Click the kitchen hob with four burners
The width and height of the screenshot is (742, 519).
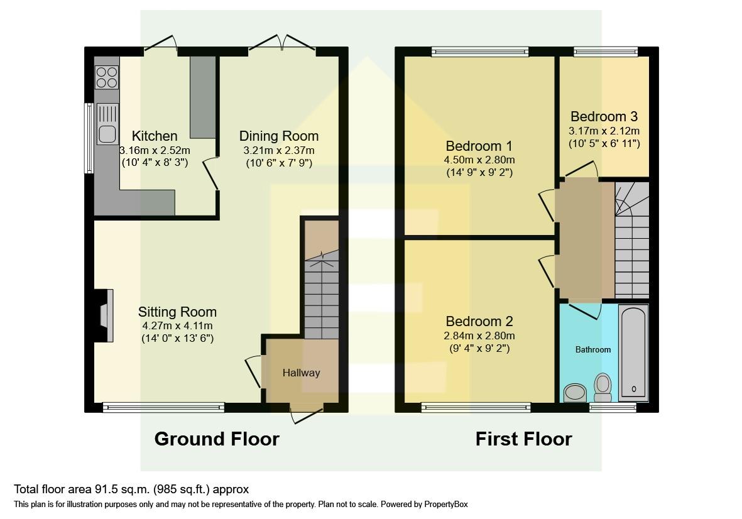pyautogui.click(x=107, y=77)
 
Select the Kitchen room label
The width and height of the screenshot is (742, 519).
pyautogui.click(x=155, y=136)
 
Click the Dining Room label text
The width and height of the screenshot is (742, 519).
pyautogui.click(x=279, y=136)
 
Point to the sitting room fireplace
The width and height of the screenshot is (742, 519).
pyautogui.click(x=105, y=315)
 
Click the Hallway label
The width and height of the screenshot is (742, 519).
pyautogui.click(x=301, y=373)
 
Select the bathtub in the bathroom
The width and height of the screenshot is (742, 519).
pyautogui.click(x=633, y=352)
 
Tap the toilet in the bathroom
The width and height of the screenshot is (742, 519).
pyautogui.click(x=603, y=387)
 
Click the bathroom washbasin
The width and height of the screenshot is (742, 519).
pyautogui.click(x=574, y=393)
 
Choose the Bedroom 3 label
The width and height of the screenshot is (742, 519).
pyautogui.click(x=604, y=116)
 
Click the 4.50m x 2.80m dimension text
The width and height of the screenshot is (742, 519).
pyautogui.click(x=479, y=160)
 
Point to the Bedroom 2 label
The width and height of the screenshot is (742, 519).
pyautogui.click(x=479, y=321)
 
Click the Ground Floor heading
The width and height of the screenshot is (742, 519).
pyautogui.click(x=217, y=439)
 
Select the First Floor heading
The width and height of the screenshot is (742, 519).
pyautogui.click(x=523, y=439)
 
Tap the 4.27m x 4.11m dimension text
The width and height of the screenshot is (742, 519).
pyautogui.click(x=177, y=325)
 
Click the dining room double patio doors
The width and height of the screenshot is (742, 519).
pyautogui.click(x=282, y=44)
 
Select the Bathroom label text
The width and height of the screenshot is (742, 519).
pyautogui.click(x=593, y=349)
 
